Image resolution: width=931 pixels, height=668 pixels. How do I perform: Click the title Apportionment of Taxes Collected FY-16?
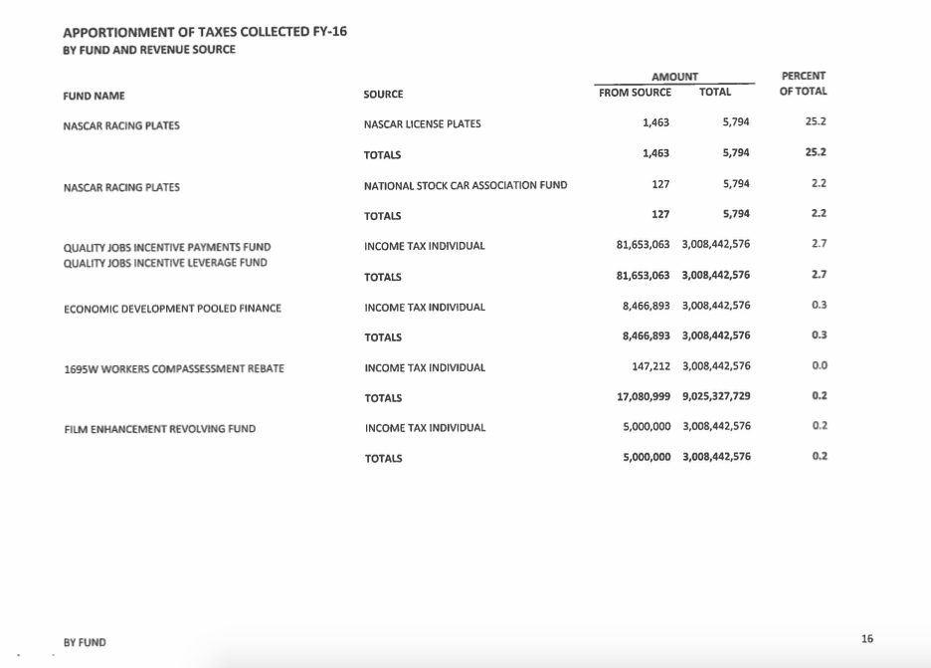point(204,32)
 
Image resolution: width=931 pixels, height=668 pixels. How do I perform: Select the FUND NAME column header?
point(93,96)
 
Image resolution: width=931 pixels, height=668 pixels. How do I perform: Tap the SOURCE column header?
point(384,96)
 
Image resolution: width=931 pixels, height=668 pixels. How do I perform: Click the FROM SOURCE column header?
point(635,93)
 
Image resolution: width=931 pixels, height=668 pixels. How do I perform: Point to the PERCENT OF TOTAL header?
point(804,84)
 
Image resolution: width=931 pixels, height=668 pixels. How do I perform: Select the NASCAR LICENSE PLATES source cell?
point(422,124)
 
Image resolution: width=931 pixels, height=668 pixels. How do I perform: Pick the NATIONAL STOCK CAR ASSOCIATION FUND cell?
point(465,186)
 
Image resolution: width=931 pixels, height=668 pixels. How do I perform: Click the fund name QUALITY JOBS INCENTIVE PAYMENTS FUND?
point(166,247)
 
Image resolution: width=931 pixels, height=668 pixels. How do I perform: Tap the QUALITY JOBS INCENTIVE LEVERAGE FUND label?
point(165,263)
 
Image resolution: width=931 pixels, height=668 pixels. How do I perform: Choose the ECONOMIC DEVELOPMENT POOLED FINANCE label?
point(172,309)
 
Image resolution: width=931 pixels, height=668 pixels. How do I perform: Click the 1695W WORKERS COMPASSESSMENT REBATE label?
point(173,369)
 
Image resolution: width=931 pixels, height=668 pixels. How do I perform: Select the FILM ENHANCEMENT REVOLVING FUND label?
point(159,429)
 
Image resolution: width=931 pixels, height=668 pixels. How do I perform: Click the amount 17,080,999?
point(644,397)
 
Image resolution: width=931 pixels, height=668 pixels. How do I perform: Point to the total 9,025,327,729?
point(716,397)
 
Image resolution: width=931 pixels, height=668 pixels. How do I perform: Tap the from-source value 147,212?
point(651,366)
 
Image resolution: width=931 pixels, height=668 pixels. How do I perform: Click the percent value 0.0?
point(820,366)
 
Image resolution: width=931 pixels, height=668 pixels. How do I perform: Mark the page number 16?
point(867,639)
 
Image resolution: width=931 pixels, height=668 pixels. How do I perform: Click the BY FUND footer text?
point(85,643)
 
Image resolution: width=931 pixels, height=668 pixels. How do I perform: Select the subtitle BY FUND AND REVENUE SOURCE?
point(149,50)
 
